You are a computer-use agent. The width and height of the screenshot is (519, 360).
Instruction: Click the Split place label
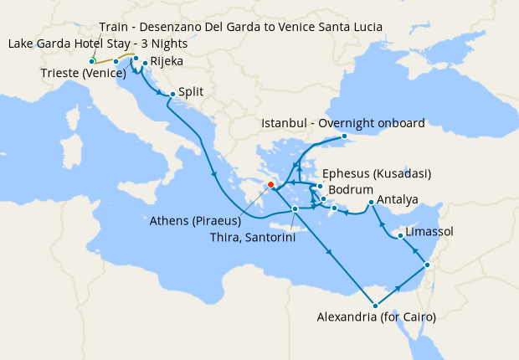[193, 92]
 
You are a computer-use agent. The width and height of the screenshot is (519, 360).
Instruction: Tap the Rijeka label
[167, 62]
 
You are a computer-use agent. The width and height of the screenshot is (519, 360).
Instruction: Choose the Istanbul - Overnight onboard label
[343, 123]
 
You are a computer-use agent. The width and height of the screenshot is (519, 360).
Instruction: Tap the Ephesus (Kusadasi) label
[376, 173]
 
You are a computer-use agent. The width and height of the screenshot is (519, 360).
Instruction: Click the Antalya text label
[398, 200]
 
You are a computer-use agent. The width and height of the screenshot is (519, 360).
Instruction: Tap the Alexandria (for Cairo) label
[377, 317]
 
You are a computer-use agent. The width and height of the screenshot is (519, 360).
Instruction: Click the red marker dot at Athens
[270, 185]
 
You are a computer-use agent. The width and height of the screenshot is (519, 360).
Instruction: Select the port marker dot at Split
[172, 94]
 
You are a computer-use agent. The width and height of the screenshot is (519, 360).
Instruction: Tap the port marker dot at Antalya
[371, 202]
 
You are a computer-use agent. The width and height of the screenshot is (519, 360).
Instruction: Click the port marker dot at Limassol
[400, 235]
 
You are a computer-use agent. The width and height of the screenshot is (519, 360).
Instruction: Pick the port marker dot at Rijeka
[145, 63]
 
